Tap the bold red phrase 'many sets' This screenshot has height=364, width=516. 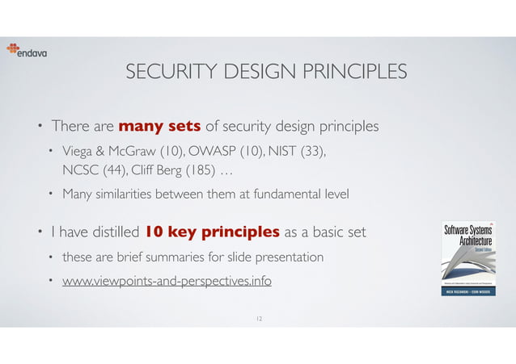coord(160,126)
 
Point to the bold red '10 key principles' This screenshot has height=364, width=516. coord(212,233)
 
